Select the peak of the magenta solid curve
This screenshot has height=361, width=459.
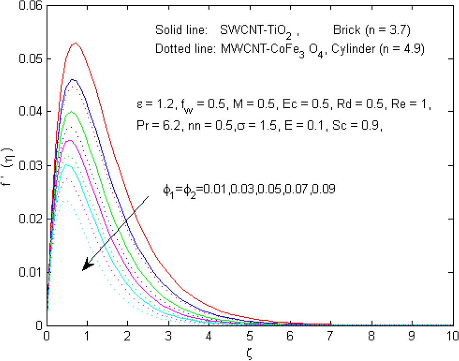(x=69, y=141)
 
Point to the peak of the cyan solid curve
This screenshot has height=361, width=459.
(x=67, y=165)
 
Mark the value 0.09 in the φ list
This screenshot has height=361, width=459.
(x=328, y=189)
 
